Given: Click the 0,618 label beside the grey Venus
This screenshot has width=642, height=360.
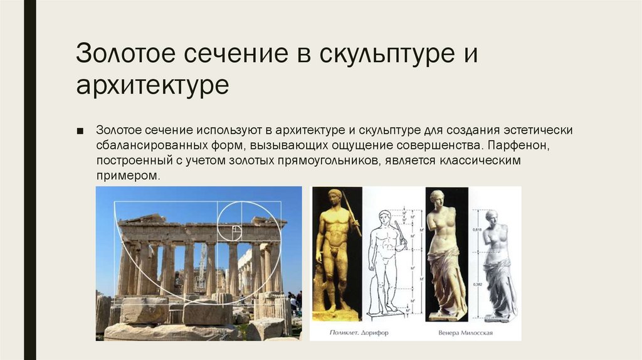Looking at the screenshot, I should pos(478,231).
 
